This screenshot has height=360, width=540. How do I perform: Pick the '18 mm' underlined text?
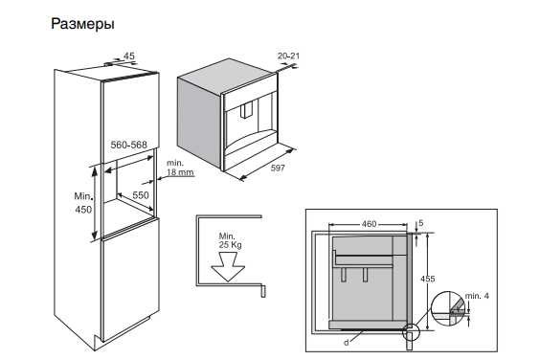click(x=181, y=172)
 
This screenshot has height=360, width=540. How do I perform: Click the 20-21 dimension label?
click(x=288, y=56)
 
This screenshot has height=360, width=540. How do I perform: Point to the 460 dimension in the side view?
click(x=368, y=224)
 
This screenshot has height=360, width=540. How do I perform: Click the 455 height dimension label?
click(x=428, y=279)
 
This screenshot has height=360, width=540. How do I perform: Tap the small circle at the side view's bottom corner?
click(x=412, y=334)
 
